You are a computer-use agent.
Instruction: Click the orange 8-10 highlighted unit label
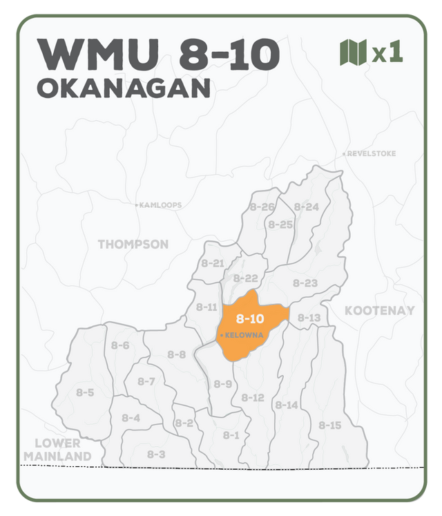point(250,319)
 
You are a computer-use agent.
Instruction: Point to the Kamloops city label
point(160,205)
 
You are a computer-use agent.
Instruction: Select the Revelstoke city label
point(371,153)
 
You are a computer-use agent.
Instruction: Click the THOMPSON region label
point(133,245)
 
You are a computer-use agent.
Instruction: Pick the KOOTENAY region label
point(380,311)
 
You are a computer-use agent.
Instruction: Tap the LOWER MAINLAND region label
point(57,450)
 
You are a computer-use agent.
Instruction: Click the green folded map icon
point(353,52)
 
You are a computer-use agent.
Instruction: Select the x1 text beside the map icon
point(387,53)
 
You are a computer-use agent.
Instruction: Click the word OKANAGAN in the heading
point(124,88)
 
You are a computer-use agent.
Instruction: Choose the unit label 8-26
point(262,207)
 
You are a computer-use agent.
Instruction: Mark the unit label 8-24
point(306,207)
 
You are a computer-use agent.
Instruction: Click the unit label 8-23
point(305,283)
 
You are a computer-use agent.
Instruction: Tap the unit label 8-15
point(329,426)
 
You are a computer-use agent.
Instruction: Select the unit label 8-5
point(85,392)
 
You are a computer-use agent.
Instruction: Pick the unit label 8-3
point(155,455)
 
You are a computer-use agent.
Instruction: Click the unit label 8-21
point(213,263)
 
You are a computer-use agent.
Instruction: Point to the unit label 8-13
point(309,318)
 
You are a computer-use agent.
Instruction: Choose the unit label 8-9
point(222,384)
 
